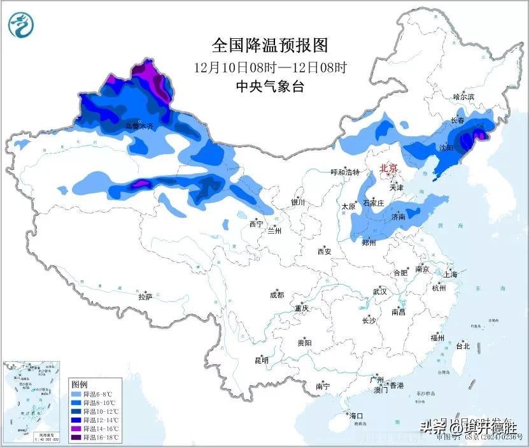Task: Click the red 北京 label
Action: [388, 169]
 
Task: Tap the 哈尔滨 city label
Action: [463, 97]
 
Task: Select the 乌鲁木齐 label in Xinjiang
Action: [139, 126]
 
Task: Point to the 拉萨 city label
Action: [145, 297]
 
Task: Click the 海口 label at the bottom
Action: [356, 416]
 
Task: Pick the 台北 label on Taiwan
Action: [462, 346]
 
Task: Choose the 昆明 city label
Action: [262, 360]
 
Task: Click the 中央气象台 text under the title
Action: [269, 87]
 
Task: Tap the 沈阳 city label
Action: [445, 147]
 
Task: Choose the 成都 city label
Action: [277, 295]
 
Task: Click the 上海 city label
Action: [451, 274]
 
